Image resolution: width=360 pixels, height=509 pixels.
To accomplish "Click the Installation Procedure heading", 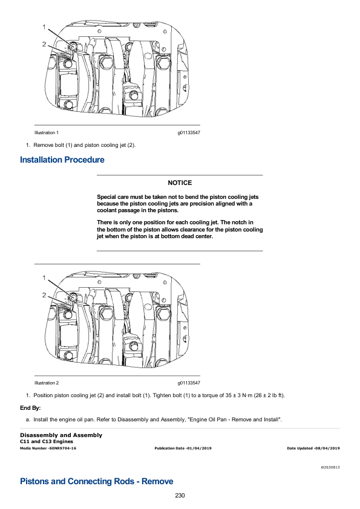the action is pyautogui.click(x=62, y=160).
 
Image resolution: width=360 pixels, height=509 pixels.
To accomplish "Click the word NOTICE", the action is pyautogui.click(x=180, y=183).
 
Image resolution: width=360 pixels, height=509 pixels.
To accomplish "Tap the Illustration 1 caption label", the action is pyautogui.click(x=47, y=133).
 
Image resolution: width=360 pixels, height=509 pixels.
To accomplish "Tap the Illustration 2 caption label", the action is pyautogui.click(x=47, y=383).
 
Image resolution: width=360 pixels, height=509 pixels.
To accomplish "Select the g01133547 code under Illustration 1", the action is pyautogui.click(x=189, y=133).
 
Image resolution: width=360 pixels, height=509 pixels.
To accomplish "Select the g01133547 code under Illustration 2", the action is pyautogui.click(x=189, y=383).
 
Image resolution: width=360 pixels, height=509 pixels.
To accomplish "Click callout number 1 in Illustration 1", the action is pyautogui.click(x=44, y=27).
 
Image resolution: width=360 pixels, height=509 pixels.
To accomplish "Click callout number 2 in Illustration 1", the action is pyautogui.click(x=44, y=44).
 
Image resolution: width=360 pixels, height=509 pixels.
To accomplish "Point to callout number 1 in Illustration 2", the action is pyautogui.click(x=44, y=278).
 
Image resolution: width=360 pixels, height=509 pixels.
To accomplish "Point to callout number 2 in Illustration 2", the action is pyautogui.click(x=44, y=295).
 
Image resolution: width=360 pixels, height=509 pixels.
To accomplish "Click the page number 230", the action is pyautogui.click(x=180, y=495).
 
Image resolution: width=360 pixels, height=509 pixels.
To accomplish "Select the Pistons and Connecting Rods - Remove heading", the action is pyautogui.click(x=96, y=481).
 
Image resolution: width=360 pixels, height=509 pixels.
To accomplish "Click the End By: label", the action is pyautogui.click(x=30, y=408).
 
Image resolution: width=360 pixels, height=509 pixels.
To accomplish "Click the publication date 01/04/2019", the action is pyautogui.click(x=198, y=449).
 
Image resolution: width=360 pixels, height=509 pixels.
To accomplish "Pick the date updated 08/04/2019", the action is pyautogui.click(x=327, y=449).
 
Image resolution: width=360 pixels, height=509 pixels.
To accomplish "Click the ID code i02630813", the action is pyautogui.click(x=330, y=467).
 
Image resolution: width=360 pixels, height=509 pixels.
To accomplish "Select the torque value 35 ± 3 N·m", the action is pyautogui.click(x=238, y=395).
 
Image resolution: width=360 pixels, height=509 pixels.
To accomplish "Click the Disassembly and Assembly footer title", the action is pyautogui.click(x=61, y=435).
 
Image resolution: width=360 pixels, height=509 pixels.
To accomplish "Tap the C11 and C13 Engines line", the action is pyautogui.click(x=47, y=441).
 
